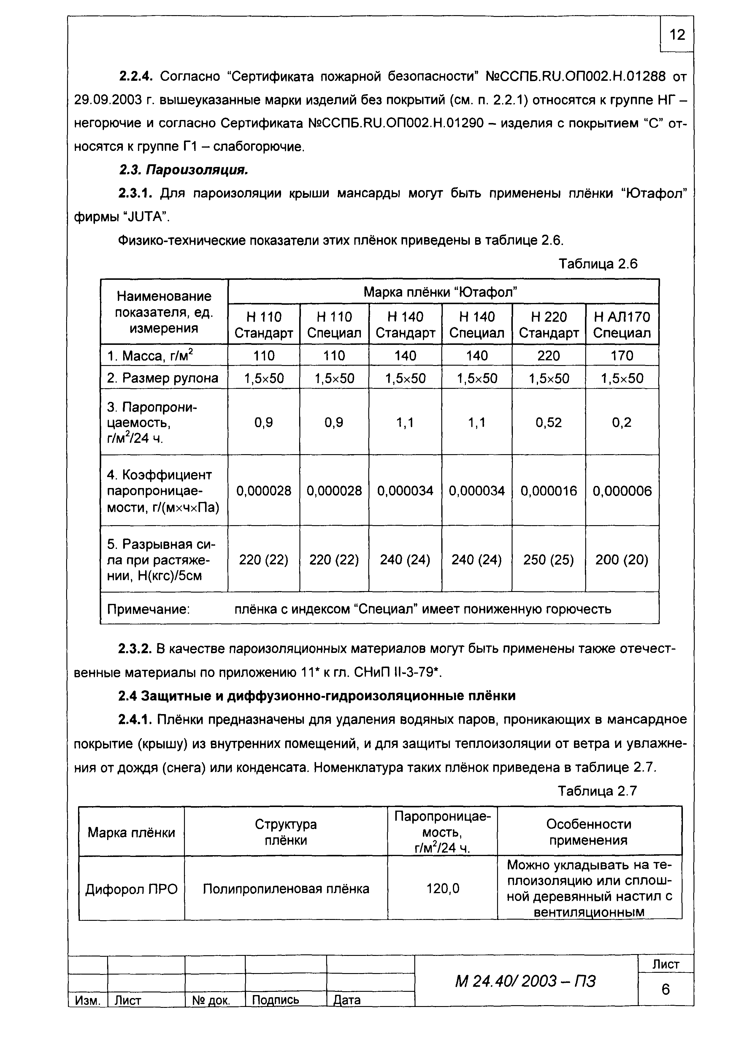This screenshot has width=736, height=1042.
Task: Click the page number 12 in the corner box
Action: point(677,34)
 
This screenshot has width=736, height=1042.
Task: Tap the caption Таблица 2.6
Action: point(598,264)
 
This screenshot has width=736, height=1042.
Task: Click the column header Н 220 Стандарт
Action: point(549,324)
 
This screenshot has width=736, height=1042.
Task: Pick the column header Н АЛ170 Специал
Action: point(622,324)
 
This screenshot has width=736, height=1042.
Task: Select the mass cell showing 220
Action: point(549,355)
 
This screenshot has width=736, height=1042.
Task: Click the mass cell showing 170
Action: point(622,355)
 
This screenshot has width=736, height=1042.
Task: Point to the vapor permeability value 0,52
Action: point(549,422)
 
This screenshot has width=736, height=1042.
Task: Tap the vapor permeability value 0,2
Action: point(622,422)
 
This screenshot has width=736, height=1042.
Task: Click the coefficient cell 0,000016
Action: point(549,491)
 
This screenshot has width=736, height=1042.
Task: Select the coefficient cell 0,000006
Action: point(622,491)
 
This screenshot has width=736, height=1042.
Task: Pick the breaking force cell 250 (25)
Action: point(549,560)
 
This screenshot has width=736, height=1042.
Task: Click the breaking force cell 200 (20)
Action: point(622,560)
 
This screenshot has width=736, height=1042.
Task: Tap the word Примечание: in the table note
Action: point(148,609)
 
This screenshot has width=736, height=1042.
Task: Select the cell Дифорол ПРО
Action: point(131,889)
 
